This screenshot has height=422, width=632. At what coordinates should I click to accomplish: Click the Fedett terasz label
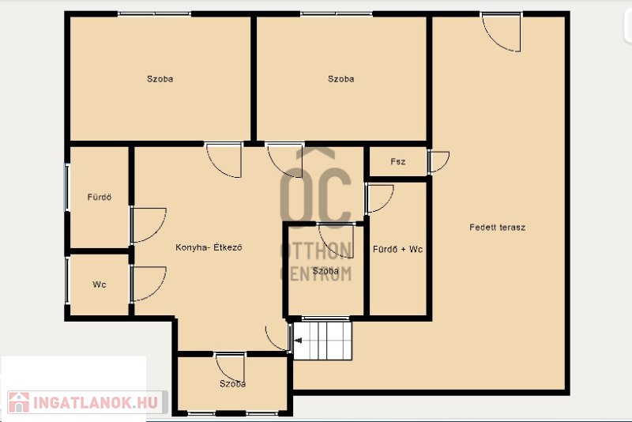497,228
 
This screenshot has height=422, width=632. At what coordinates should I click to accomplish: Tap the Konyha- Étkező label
209,247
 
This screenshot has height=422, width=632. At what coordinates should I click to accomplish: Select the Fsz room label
398,162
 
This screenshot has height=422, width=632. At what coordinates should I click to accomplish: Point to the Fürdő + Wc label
398,249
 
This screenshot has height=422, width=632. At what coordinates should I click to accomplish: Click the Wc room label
100,284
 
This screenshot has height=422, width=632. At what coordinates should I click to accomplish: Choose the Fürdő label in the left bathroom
100,197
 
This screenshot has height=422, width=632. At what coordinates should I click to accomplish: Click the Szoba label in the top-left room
160,79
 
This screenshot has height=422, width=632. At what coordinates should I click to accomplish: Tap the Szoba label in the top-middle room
341,79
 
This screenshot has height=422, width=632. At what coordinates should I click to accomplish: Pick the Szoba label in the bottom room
232,384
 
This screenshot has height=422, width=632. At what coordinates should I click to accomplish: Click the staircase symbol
322,340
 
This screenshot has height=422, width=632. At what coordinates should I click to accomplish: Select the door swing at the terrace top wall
501,32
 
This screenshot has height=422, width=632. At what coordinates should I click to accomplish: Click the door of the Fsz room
438,162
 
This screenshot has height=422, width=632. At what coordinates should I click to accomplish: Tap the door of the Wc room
148,284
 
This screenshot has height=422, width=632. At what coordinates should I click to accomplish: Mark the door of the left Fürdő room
148,225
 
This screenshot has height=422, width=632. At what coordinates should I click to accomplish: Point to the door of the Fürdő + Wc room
379,198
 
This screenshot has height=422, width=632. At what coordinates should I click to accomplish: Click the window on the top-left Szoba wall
154,14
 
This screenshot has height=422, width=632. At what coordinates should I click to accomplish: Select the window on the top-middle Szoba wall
337,14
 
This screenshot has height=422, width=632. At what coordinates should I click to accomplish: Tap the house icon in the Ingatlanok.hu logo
18,402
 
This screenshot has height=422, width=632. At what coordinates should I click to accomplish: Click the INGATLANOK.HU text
96,403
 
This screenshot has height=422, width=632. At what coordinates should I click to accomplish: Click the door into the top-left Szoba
224,160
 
